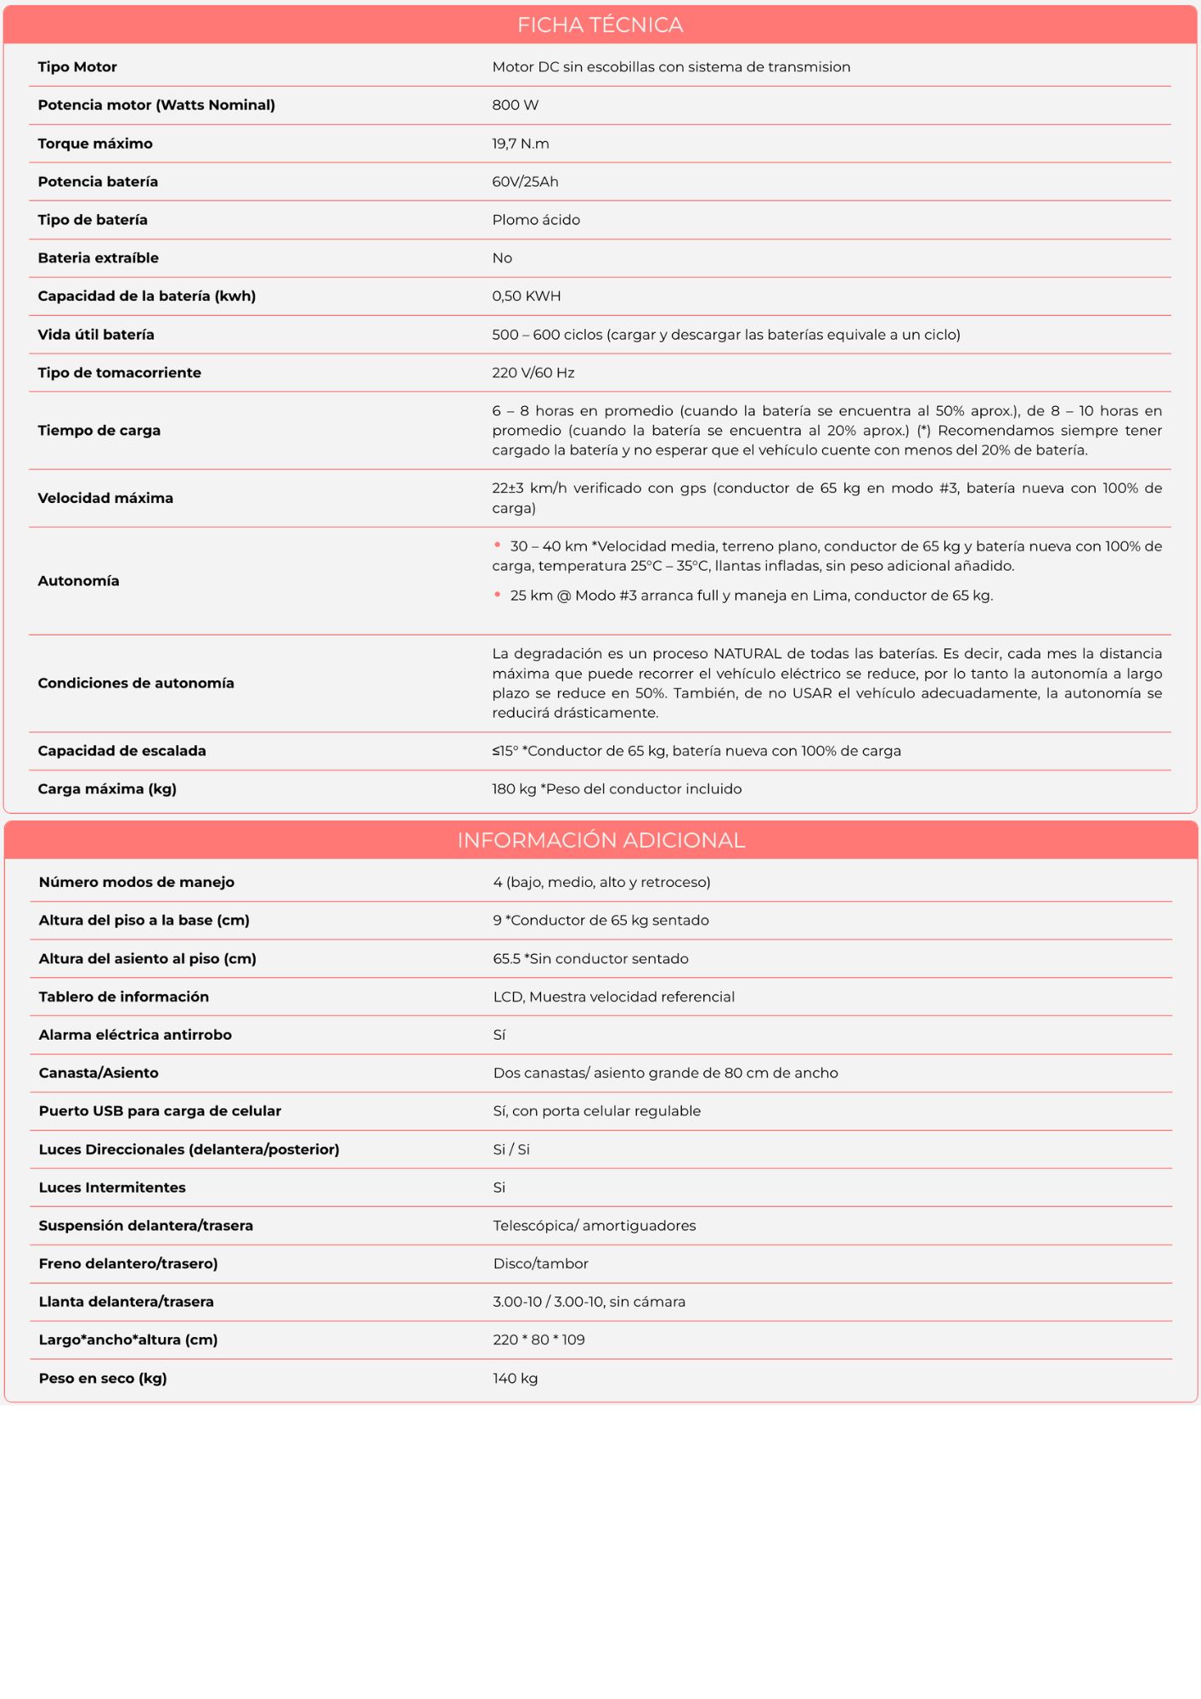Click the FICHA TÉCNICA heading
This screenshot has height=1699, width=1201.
pyautogui.click(x=600, y=25)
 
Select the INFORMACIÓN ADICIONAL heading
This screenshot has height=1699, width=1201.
pyautogui.click(x=600, y=840)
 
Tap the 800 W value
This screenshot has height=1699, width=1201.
pyautogui.click(x=516, y=105)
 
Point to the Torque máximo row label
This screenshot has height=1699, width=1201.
pyautogui.click(x=95, y=144)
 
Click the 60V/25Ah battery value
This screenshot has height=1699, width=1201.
pyautogui.click(x=525, y=182)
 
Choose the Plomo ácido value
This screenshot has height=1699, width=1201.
pyautogui.click(x=536, y=220)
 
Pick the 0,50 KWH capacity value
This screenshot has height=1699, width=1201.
pyautogui.click(x=527, y=296)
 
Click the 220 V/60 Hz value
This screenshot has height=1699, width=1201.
pyautogui.click(x=533, y=373)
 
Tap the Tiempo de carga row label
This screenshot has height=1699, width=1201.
pyautogui.click(x=99, y=431)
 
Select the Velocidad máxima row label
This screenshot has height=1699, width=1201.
pyautogui.click(x=105, y=498)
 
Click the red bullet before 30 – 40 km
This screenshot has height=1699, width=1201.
pyautogui.click(x=498, y=545)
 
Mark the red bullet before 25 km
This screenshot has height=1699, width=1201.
pyautogui.click(x=498, y=595)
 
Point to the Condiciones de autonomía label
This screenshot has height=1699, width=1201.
pyautogui.click(x=136, y=683)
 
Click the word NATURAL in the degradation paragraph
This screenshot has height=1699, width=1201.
pyautogui.click(x=747, y=654)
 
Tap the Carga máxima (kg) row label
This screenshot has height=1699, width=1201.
pyautogui.click(x=107, y=789)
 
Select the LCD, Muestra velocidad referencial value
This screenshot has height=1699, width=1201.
pyautogui.click(x=614, y=996)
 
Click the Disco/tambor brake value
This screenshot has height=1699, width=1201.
pyautogui.click(x=541, y=1264)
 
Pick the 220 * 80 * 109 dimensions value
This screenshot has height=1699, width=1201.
pyautogui.click(x=539, y=1340)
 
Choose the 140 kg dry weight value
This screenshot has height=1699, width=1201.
pyautogui.click(x=516, y=1378)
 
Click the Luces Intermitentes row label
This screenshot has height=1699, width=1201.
pyautogui.click(x=112, y=1188)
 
